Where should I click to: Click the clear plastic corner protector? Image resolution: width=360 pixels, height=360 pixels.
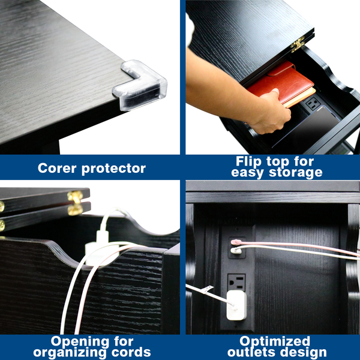140,86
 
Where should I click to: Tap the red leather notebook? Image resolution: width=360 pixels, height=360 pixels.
281,83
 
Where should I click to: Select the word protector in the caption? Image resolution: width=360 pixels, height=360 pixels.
113,169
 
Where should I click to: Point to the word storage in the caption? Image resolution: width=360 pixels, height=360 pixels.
296,172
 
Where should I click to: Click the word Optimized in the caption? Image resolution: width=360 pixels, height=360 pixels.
275,341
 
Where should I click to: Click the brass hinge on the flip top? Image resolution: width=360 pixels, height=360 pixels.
298,44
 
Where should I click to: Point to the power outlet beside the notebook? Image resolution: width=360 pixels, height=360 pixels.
313,103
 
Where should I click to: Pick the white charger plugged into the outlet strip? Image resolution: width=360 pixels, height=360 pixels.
236,305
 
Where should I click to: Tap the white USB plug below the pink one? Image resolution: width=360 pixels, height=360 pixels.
236,250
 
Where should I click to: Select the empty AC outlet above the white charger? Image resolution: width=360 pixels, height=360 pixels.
236,282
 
